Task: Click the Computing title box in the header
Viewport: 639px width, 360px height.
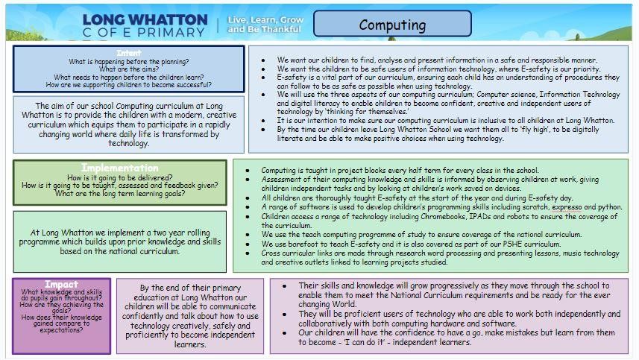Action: tap(393, 25)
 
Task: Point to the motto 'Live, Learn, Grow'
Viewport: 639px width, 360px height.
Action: tap(265, 19)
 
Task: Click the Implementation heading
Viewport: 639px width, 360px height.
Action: tap(119, 167)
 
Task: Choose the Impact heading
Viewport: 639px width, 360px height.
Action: tap(61, 285)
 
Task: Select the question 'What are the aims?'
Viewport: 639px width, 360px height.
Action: tap(128, 69)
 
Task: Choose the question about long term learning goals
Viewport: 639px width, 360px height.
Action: tap(119, 194)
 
